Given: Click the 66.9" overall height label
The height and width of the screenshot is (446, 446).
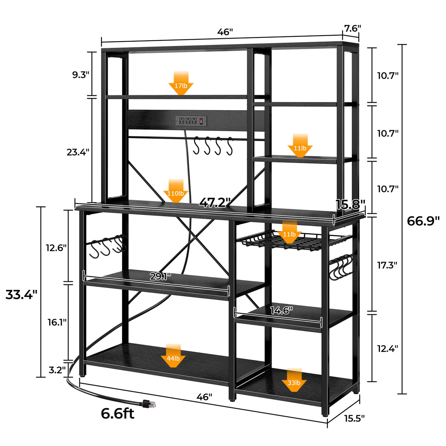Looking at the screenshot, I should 423,221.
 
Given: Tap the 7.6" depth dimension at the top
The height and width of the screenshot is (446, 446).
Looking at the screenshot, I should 352,28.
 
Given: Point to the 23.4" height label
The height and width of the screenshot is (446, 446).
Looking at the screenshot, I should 78,152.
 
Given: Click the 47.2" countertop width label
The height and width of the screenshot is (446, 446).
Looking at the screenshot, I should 215,202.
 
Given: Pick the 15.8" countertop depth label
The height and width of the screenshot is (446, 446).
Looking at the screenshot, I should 350,205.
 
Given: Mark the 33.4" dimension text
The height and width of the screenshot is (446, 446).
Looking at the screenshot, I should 21,295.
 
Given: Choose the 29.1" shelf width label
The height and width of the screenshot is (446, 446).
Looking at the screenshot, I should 160,277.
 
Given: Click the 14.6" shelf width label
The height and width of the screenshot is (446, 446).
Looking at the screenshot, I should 281,311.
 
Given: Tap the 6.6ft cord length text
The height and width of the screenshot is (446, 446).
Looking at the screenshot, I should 118,414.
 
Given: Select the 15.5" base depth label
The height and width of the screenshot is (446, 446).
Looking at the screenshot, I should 354,418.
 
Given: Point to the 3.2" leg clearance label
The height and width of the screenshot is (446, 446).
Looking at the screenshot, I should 57,370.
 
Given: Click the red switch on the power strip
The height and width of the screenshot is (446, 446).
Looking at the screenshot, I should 201,121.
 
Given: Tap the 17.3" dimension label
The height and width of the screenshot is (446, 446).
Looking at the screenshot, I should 387,265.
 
